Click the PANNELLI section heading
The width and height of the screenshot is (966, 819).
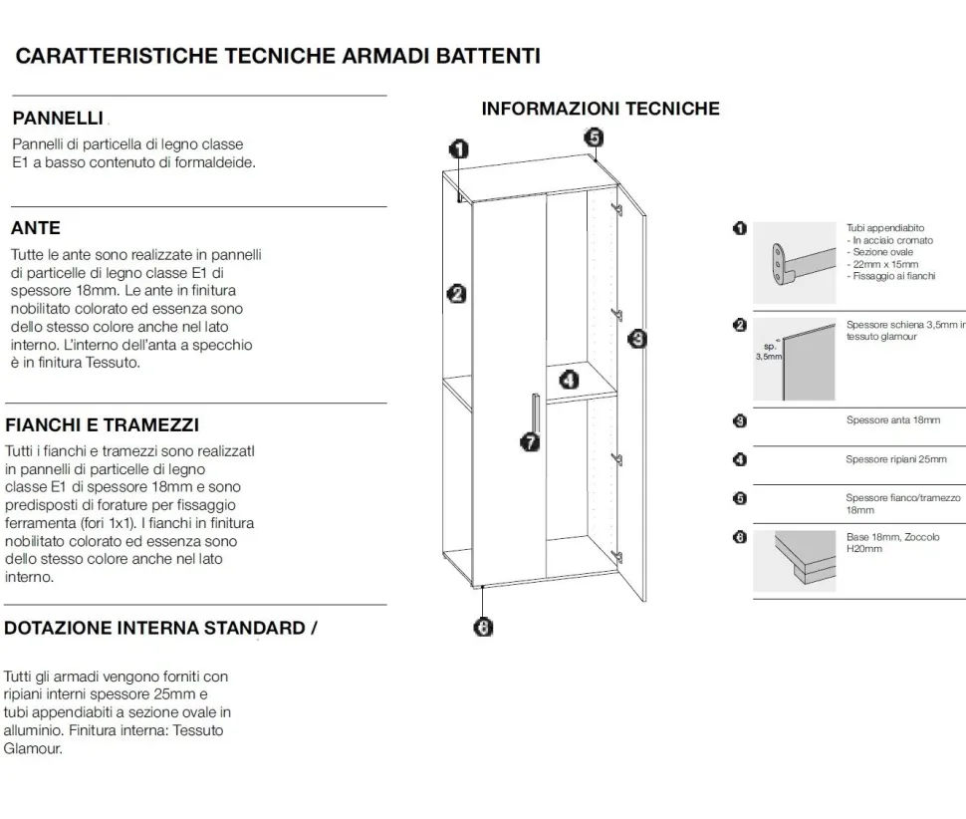pos(58,118)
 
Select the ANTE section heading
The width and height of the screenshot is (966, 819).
pos(36,228)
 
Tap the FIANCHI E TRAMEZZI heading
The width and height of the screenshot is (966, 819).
pos(103,424)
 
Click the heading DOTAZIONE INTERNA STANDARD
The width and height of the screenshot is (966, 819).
pos(154,628)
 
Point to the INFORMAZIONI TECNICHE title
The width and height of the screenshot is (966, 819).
pos(601,109)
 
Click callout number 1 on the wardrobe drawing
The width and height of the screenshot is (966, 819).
pos(459,149)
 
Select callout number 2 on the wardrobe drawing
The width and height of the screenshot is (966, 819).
pos(456,294)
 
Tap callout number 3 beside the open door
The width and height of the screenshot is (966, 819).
pos(637,339)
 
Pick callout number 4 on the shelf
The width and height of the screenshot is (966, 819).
pos(570,380)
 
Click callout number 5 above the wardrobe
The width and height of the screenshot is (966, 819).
pos(594,136)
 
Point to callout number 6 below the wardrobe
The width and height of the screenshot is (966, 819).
pos(483,628)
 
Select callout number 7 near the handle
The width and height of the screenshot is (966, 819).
pos(530,441)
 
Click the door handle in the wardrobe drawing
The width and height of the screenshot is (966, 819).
pos(536,414)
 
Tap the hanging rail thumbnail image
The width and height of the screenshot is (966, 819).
pos(795,263)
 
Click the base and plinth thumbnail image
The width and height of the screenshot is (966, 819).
pos(795,561)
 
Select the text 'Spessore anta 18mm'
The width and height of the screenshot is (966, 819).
pos(893,420)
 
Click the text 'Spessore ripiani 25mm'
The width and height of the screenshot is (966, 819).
pos(896,459)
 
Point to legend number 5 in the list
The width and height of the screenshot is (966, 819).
pos(740,498)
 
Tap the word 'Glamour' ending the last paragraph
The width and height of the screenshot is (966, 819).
pos(33,748)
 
